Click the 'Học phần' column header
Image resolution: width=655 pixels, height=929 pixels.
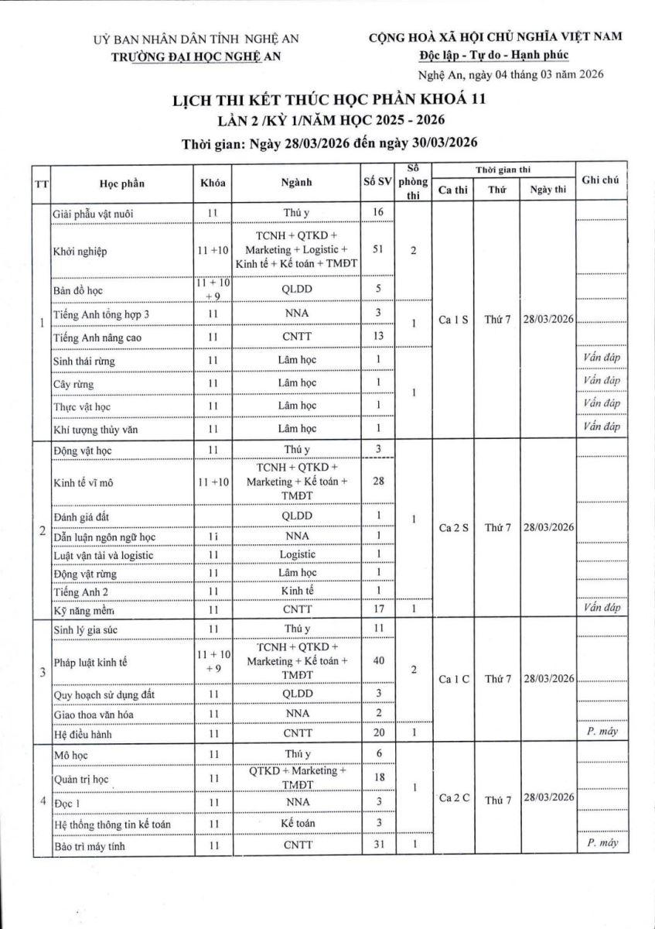pos(121,183)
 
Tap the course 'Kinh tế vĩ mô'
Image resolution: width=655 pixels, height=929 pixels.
pos(84,481)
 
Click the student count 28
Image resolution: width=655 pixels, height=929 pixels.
pos(378,481)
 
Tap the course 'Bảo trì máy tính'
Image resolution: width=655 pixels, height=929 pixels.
pos(90,846)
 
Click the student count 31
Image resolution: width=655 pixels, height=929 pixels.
pos(378,846)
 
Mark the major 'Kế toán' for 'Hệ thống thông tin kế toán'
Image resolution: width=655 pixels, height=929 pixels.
pos(298,823)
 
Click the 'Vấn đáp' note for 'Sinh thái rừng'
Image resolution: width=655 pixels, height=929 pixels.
pos(602,358)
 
